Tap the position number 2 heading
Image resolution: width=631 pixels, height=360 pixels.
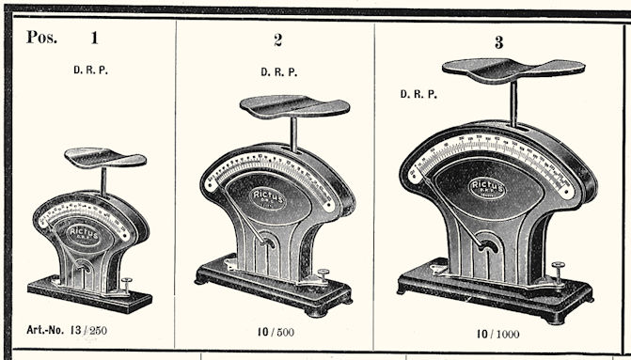tap(277, 40)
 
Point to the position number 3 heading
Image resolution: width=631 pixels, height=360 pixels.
tap(499, 43)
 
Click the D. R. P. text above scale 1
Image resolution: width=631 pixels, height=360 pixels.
tap(92, 70)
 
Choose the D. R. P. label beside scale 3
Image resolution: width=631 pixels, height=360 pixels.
tap(418, 94)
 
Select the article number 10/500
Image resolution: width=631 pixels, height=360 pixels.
tap(278, 332)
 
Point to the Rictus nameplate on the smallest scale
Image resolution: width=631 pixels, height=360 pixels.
tap(85, 231)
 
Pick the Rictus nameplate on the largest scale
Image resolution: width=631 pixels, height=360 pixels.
tap(487, 186)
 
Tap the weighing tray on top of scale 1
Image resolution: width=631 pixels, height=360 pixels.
tap(104, 158)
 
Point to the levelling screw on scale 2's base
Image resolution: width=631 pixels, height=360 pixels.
tap(323, 275)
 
